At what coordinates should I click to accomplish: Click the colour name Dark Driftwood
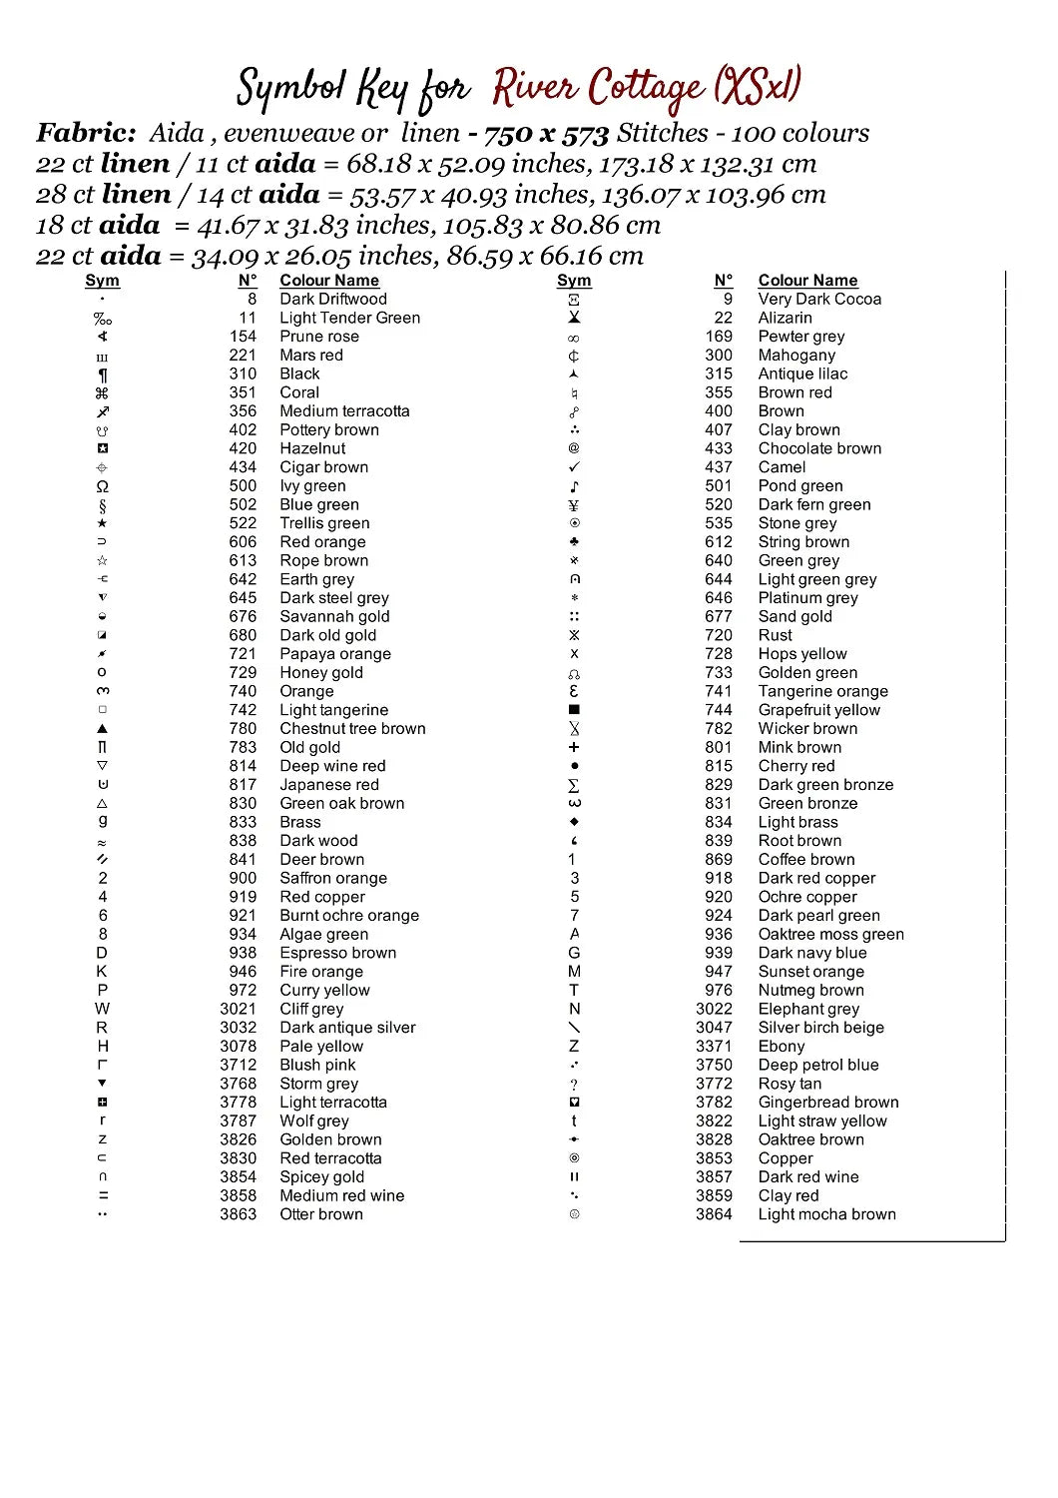332,299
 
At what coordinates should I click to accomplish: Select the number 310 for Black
243,374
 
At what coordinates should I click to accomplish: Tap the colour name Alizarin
785,318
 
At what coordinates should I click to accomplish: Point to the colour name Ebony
781,1046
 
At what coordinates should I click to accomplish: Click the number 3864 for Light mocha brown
714,1214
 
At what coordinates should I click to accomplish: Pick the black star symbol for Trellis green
102,523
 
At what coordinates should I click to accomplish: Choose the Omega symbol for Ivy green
102,486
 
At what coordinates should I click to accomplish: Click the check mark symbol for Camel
574,467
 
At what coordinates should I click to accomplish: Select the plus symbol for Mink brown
574,747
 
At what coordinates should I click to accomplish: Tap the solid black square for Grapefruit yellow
574,710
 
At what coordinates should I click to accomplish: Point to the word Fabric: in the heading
86,133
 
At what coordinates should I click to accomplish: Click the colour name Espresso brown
337,953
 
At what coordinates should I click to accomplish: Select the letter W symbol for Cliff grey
102,1009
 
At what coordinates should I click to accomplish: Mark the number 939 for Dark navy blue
718,953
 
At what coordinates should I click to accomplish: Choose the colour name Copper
786,1158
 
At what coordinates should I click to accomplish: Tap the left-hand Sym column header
102,281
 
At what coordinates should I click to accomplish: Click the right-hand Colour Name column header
807,281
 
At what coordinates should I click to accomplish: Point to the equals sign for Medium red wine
102,1195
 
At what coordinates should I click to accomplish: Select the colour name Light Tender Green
349,318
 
